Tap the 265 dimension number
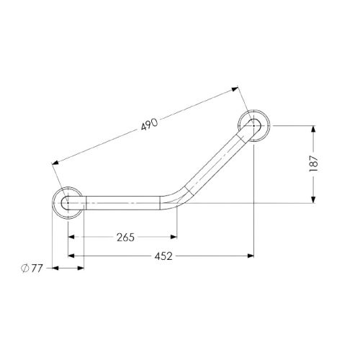(123, 237)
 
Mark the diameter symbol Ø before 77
(25, 269)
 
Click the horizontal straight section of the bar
(122, 204)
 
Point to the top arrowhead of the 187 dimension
(312, 130)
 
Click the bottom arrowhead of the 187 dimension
(312, 199)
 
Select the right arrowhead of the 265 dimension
(173, 237)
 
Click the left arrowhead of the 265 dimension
(73, 237)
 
